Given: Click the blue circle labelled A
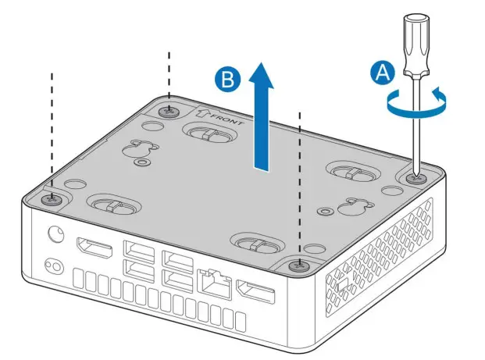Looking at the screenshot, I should [382, 74].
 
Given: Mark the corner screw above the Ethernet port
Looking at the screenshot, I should [298, 266].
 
